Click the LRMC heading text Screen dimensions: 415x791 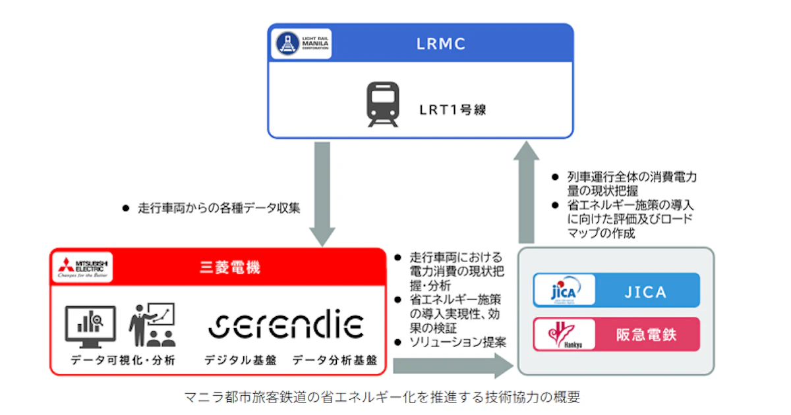click(x=441, y=44)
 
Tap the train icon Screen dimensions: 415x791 click(x=383, y=105)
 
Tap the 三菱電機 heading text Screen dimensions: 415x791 click(x=230, y=267)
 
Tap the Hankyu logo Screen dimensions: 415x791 click(x=562, y=335)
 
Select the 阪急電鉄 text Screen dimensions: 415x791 click(x=645, y=335)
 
